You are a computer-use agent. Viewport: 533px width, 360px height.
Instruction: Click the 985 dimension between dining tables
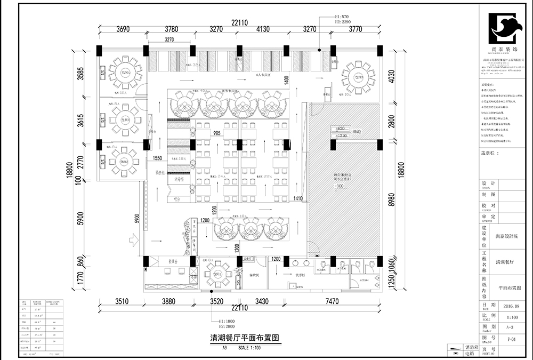tap(217, 133)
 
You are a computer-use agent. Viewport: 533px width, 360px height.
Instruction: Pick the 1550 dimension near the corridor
tap(158, 158)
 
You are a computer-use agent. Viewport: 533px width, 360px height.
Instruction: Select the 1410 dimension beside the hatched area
tap(298, 198)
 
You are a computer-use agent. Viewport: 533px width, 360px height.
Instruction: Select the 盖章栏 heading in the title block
tap(490, 153)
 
